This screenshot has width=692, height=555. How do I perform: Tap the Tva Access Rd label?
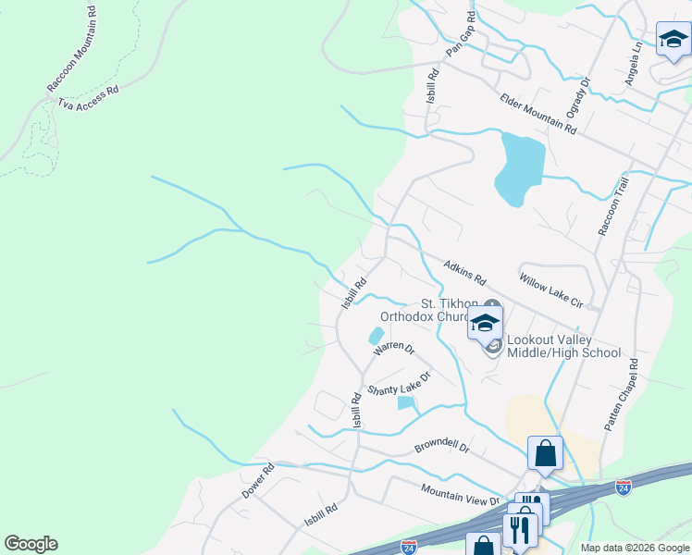(90, 99)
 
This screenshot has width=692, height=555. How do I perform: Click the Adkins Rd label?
(464, 271)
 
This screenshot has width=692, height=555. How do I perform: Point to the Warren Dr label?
(394, 350)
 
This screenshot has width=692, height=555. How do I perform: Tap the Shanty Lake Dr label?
(400, 384)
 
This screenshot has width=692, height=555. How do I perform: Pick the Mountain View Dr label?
(460, 497)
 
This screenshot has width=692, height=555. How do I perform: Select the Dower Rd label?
(258, 481)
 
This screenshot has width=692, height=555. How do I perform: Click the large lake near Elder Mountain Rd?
(519, 167)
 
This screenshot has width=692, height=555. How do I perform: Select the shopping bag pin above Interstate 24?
(545, 454)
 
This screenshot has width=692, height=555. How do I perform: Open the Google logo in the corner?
(31, 544)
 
